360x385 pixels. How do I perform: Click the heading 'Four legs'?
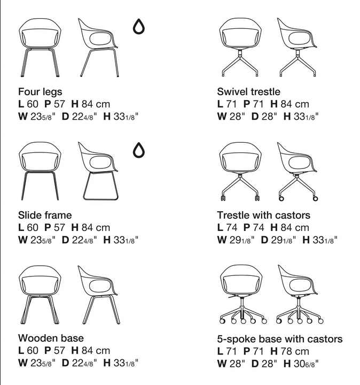(40, 92)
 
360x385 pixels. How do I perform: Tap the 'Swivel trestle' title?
(248, 92)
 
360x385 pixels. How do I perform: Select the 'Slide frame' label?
(45, 215)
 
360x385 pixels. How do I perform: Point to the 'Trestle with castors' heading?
(264, 215)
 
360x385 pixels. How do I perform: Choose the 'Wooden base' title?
(51, 338)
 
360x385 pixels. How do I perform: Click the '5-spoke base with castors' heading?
(280, 339)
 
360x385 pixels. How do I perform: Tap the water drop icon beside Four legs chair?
(139, 26)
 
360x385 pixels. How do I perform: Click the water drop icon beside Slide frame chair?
(139, 150)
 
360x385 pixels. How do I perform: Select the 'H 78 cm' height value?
(289, 351)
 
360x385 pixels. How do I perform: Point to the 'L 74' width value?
(227, 228)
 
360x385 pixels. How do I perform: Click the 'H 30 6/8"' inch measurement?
(301, 364)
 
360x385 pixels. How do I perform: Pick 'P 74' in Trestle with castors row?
(254, 228)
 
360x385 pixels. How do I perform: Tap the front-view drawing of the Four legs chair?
(40, 48)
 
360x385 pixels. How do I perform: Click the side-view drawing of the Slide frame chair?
(98, 171)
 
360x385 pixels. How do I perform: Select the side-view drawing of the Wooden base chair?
(99, 295)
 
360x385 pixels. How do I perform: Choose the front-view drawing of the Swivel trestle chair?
(240, 47)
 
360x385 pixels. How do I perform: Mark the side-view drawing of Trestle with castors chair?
(298, 172)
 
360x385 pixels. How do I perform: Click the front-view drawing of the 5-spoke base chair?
(243, 295)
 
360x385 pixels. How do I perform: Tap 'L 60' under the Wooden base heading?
(28, 351)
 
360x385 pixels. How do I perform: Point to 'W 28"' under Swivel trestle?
(231, 117)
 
